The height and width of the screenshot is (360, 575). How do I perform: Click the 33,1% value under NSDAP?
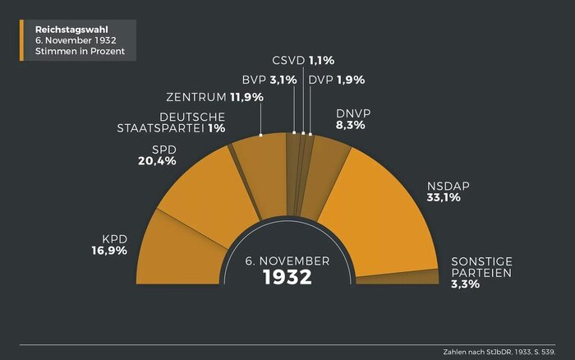tap(443, 197)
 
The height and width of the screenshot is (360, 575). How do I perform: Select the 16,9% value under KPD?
tap(109, 251)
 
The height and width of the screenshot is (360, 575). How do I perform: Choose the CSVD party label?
tap(288, 60)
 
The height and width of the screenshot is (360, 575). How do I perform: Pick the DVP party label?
tap(321, 80)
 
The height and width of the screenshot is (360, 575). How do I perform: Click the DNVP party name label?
tap(355, 113)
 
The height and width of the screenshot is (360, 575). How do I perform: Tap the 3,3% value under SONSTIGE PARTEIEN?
tap(465, 284)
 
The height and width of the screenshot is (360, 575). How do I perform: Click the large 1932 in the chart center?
tap(287, 277)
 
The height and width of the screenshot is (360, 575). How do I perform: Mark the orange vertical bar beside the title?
tap(22, 40)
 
